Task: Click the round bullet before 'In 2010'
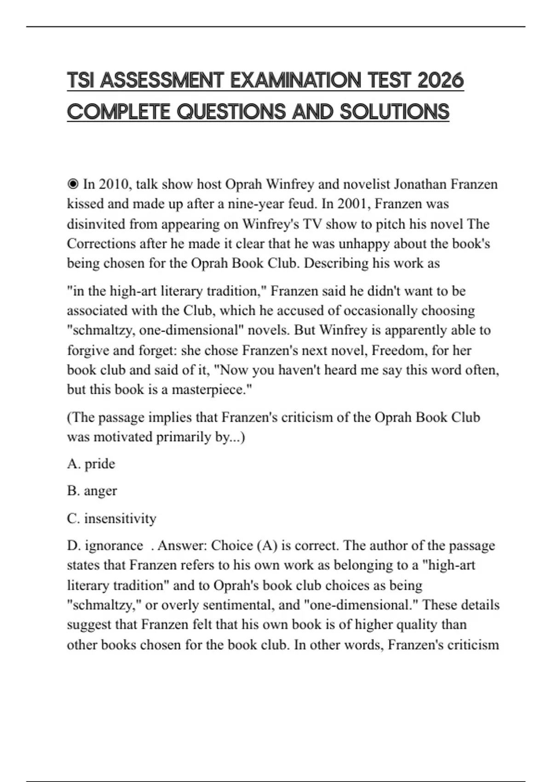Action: (x=73, y=184)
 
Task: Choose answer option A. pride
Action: (x=91, y=464)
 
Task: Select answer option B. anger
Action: (x=92, y=491)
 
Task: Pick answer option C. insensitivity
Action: (x=112, y=518)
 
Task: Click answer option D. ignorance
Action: (x=105, y=546)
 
